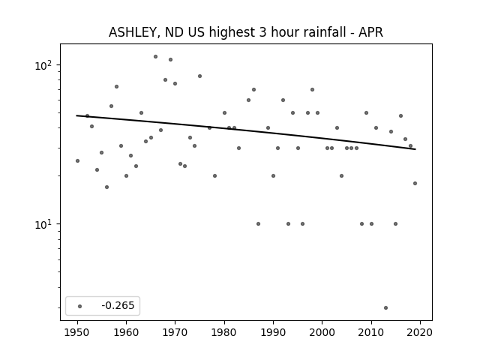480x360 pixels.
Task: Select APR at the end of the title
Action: [370, 32]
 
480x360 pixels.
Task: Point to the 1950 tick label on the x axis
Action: [77, 332]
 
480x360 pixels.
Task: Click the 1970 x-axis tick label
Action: [175, 332]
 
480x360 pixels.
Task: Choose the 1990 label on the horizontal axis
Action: [273, 332]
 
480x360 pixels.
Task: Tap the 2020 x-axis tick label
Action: [420, 332]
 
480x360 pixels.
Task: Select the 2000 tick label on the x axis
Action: [322, 332]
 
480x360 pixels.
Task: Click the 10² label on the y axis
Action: [43, 65]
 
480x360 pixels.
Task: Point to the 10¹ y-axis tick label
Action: [43, 224]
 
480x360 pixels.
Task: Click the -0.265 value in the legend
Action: [118, 305]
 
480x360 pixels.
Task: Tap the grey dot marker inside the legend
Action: [80, 306]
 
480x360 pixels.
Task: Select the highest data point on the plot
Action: [155, 57]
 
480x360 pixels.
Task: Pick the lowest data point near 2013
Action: [385, 307]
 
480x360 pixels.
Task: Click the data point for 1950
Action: [77, 160]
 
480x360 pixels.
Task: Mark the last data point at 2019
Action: [415, 183]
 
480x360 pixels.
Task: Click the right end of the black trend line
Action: [415, 149]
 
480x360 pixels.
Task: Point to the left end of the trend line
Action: [76, 115]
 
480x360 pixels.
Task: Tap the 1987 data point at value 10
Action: [258, 223]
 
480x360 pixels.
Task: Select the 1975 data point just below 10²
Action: [200, 76]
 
